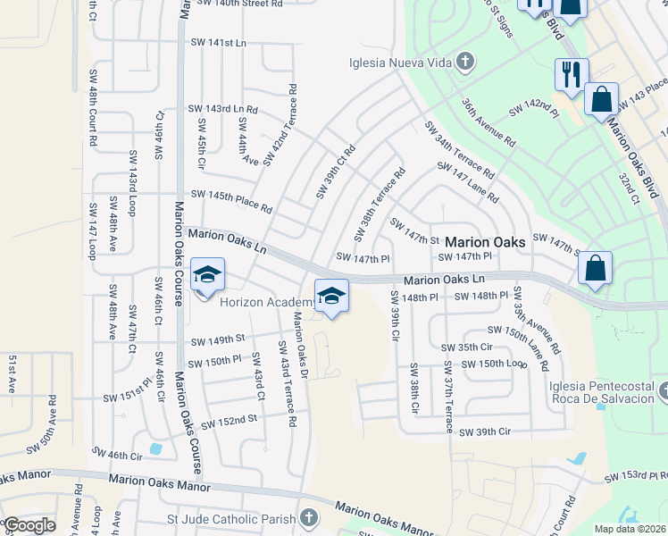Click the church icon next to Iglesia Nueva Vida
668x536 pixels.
coord(464,63)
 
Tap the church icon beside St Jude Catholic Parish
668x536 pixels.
coord(308,518)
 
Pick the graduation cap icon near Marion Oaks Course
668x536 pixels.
coord(207,277)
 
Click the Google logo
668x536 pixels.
coord(30,526)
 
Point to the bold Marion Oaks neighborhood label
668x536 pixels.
coord(485,241)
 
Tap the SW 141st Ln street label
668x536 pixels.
coord(218,42)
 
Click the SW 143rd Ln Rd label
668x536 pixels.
coord(222,109)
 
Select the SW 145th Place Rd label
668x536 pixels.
coord(232,201)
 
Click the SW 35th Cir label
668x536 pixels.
coord(467,347)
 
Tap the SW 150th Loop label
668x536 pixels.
coord(494,364)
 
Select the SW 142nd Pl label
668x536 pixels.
coord(533,110)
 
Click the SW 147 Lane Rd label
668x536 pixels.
coord(467,181)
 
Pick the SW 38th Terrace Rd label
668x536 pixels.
coord(380,205)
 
